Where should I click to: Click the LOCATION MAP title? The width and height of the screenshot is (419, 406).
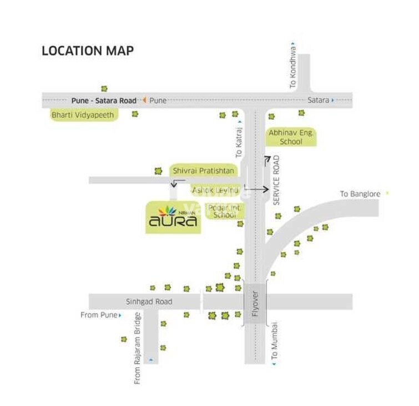click(x=88, y=51)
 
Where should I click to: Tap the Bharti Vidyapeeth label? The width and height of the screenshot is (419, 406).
click(x=83, y=116)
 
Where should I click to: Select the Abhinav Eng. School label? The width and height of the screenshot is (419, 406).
click(x=291, y=137)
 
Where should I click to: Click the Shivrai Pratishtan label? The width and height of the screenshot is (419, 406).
click(x=203, y=171)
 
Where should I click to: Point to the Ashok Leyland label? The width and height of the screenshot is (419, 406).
click(x=215, y=190)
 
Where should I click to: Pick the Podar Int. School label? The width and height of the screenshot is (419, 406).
click(x=225, y=211)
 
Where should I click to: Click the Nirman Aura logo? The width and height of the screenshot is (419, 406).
click(x=172, y=218)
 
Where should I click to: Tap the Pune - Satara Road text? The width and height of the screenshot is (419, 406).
click(x=104, y=101)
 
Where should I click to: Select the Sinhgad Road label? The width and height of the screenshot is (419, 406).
click(x=149, y=302)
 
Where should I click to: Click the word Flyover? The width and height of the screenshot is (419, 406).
click(x=256, y=303)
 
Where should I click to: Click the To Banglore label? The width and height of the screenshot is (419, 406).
click(x=360, y=194)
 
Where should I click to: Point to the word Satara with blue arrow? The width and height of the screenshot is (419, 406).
click(x=319, y=101)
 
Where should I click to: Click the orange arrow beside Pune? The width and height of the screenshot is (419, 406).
click(x=144, y=100)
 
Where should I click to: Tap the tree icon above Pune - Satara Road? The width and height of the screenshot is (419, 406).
click(x=104, y=88)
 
